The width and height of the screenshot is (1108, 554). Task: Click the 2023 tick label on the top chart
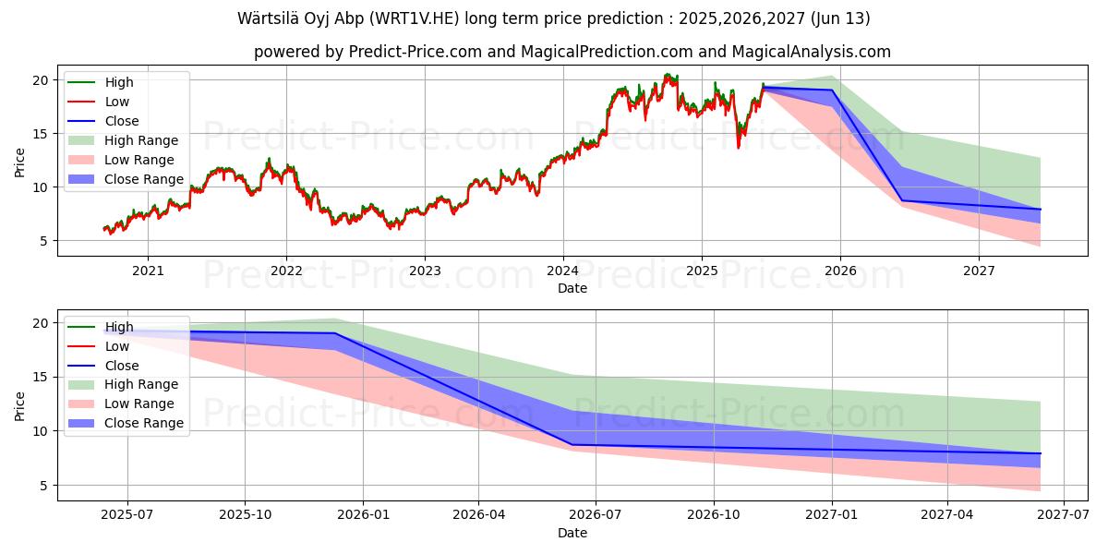click(425, 271)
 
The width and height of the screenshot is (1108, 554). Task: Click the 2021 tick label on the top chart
click(148, 271)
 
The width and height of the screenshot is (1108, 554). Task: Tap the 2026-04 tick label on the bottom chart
click(478, 515)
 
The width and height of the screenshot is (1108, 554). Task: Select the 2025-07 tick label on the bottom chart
click(127, 515)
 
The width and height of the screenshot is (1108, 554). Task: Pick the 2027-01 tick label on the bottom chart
click(833, 515)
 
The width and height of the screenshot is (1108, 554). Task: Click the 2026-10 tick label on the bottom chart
click(716, 515)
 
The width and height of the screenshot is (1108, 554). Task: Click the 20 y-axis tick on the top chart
click(41, 80)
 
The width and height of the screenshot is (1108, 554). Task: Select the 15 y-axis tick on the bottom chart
click(41, 377)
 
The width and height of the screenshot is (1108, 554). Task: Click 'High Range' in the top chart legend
click(141, 140)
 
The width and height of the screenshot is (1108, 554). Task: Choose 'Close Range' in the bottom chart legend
click(144, 423)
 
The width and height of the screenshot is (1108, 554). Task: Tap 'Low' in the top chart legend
click(117, 102)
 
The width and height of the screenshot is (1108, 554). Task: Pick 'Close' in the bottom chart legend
click(122, 366)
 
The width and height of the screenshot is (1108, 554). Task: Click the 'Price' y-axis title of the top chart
click(19, 163)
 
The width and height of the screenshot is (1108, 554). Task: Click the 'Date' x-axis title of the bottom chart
click(572, 533)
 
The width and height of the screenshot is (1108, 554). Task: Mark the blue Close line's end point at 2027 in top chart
click(1040, 209)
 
